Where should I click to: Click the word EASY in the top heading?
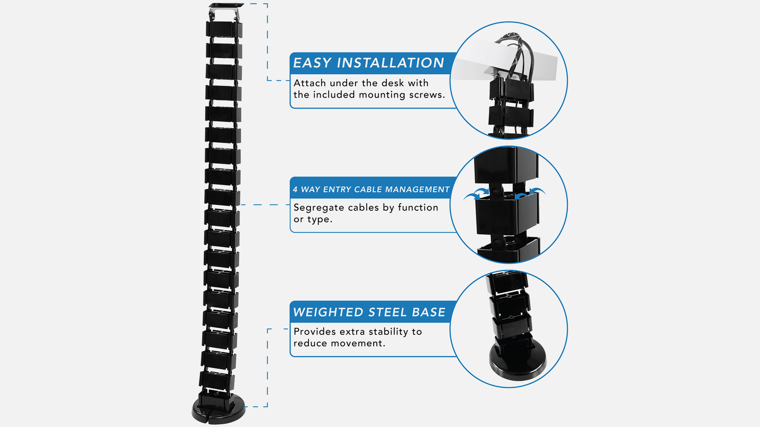click(x=312, y=63)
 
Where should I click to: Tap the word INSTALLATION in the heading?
click(x=390, y=63)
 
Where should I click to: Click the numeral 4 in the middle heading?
click(x=295, y=189)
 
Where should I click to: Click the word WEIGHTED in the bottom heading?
click(x=328, y=312)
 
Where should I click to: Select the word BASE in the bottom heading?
click(x=429, y=312)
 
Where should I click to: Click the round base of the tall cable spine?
click(x=218, y=411)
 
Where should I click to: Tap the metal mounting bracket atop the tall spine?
click(x=225, y=10)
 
